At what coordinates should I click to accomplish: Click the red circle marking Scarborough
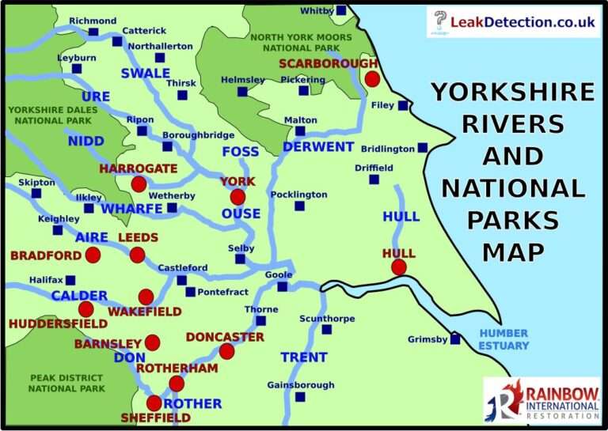click(x=372, y=78)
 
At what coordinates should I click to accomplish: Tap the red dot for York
click(x=237, y=197)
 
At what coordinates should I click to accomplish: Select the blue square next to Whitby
click(x=341, y=10)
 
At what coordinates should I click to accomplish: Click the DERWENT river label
click(x=317, y=147)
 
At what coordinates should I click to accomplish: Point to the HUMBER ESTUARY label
click(x=503, y=339)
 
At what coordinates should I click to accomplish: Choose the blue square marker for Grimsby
click(x=455, y=339)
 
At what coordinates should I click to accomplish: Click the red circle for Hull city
click(x=398, y=267)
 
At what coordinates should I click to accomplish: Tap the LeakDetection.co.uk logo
click(x=514, y=22)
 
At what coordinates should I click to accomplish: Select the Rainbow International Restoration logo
click(x=541, y=399)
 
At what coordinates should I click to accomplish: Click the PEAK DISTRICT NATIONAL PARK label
click(x=66, y=384)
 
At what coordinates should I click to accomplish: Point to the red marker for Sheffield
click(x=154, y=403)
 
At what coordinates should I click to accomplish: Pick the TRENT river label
click(x=303, y=357)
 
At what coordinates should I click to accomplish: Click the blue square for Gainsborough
click(x=300, y=397)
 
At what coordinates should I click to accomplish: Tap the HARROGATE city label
click(x=138, y=169)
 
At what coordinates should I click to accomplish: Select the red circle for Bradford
click(x=92, y=255)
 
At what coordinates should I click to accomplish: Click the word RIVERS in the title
click(x=513, y=124)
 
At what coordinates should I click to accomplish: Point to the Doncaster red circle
click(x=226, y=351)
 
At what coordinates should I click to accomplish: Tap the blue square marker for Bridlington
click(x=423, y=148)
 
